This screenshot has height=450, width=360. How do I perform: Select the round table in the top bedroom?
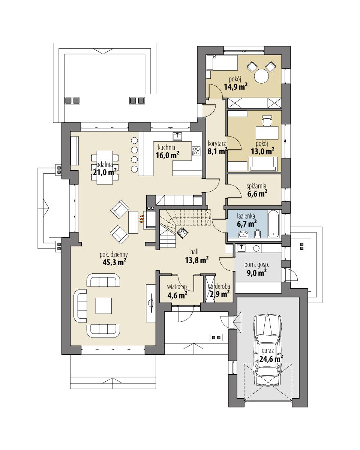[x=261, y=76]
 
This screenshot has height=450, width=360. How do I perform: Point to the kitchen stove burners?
[x=196, y=151]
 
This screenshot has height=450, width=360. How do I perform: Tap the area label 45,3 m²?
[x=114, y=262]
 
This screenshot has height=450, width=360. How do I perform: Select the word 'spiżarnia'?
[x=256, y=186]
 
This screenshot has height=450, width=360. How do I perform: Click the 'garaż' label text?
[x=268, y=351]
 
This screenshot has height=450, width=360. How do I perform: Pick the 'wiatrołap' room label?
[x=177, y=287]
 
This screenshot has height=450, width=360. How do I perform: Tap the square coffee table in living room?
[x=103, y=305]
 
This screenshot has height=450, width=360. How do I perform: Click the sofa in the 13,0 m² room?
[x=264, y=163]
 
